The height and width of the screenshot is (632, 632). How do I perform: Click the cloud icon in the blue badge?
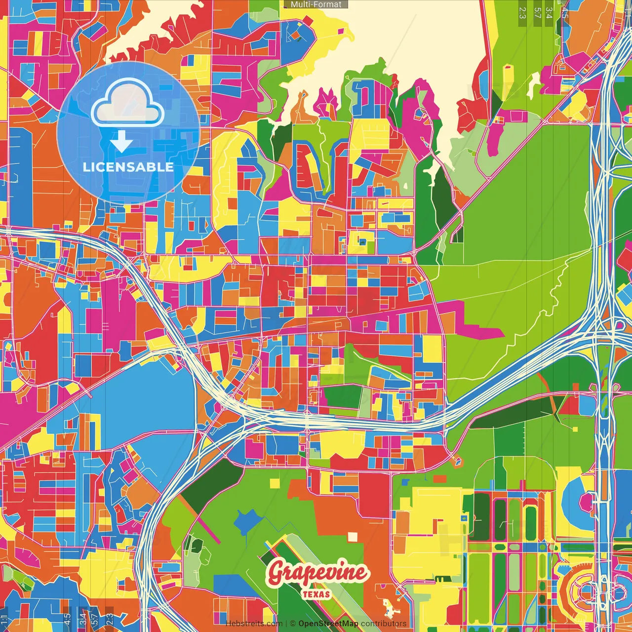click(127, 103)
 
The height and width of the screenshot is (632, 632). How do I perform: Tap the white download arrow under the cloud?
click(121, 142)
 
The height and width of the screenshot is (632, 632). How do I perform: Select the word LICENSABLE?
click(128, 167)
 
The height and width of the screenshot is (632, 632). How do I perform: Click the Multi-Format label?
click(316, 4)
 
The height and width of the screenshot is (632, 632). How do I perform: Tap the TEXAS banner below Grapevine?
click(316, 594)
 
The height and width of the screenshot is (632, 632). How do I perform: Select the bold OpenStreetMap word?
click(328, 624)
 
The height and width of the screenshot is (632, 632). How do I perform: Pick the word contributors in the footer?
click(384, 624)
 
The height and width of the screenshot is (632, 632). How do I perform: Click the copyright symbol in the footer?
click(292, 624)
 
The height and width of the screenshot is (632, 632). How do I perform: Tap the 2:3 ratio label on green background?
click(522, 12)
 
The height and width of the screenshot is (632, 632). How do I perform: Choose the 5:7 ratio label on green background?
click(537, 12)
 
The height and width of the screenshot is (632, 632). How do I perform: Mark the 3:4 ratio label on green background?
click(549, 12)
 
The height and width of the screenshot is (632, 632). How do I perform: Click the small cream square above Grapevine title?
click(352, 536)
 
